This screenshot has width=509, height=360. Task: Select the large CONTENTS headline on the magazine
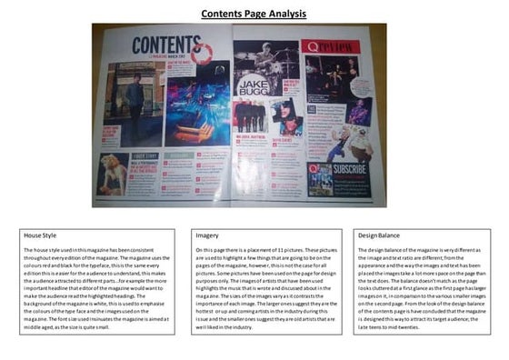coord(161,45)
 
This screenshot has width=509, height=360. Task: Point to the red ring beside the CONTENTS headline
coord(201,54)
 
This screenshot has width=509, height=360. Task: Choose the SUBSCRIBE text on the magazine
coord(350,168)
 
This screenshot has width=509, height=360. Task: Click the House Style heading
coord(41,235)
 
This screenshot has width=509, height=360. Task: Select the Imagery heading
coord(208,235)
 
